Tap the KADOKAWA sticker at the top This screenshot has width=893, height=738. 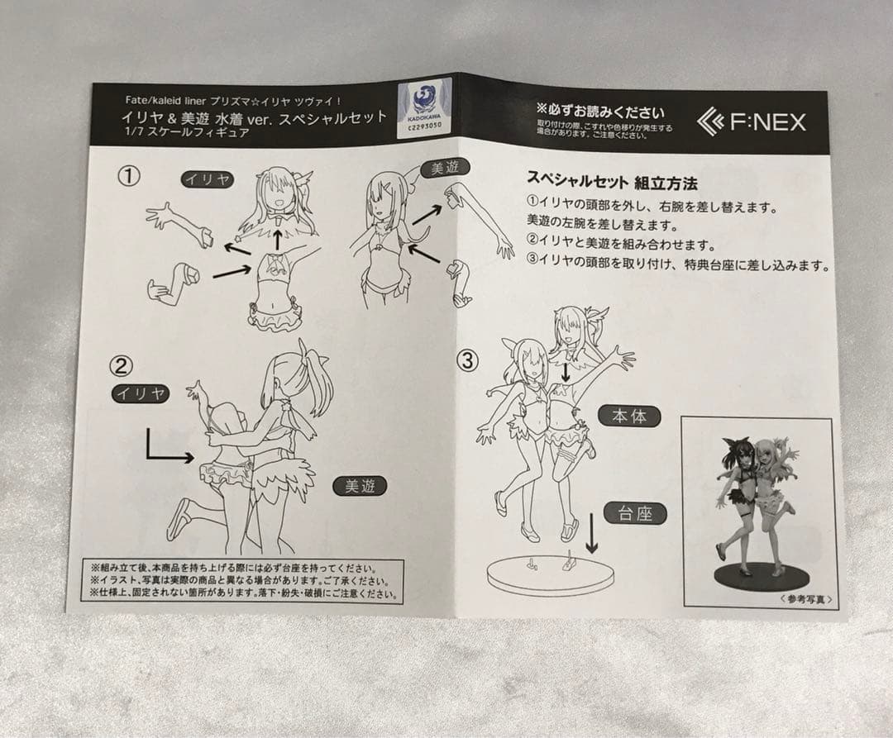(x=424, y=104)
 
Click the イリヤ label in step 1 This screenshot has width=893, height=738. (x=208, y=179)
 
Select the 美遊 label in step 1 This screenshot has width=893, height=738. (x=446, y=169)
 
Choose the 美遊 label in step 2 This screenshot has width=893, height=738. (x=360, y=487)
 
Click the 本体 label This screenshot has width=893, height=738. (x=629, y=416)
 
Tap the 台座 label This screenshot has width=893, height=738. (x=635, y=514)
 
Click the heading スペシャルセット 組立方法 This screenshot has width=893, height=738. (x=612, y=180)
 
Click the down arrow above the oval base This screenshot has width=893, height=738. (x=591, y=534)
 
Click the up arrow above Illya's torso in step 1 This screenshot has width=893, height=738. (x=278, y=238)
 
